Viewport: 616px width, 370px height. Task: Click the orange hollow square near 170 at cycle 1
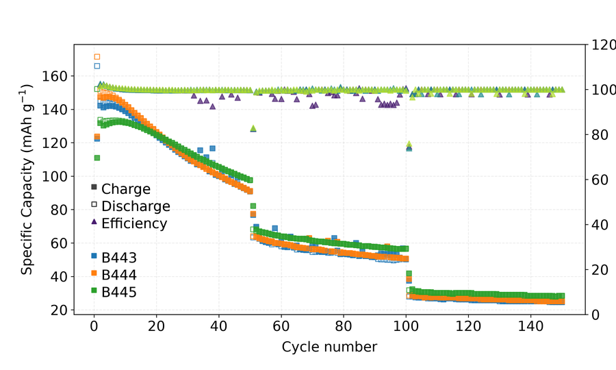click(97, 57)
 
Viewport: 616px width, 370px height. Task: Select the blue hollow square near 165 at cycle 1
click(97, 66)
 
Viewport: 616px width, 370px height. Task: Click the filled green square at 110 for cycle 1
click(97, 158)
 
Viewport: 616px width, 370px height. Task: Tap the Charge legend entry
click(120, 189)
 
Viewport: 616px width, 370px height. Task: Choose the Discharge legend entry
click(131, 206)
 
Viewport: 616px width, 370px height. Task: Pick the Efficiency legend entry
click(129, 223)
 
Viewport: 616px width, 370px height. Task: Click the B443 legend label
click(119, 258)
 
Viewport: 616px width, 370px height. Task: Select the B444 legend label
click(119, 275)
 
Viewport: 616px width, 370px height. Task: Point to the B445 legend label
click(119, 292)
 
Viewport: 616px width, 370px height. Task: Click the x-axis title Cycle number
click(329, 347)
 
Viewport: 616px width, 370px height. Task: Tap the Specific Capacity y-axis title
click(27, 180)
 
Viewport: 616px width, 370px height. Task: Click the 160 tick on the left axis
click(55, 76)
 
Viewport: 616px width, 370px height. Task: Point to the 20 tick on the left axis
click(60, 310)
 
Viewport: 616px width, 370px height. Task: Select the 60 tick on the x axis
click(281, 326)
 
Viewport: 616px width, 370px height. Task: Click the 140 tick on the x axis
click(530, 326)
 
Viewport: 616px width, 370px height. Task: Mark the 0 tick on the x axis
click(94, 326)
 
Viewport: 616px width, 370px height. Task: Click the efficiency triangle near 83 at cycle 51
click(253, 128)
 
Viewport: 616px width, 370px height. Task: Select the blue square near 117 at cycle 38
click(213, 148)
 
